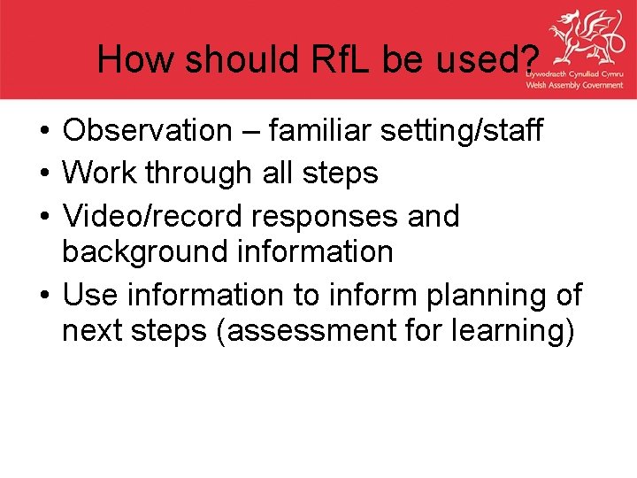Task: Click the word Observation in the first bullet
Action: (146, 131)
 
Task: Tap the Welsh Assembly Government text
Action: (574, 85)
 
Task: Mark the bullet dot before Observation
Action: (42, 132)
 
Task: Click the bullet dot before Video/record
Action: (42, 216)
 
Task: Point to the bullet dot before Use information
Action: (42, 294)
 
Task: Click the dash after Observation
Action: (249, 132)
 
